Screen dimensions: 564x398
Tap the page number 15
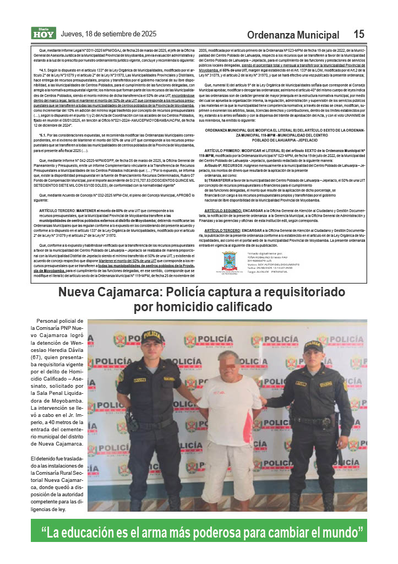[x=358, y=34]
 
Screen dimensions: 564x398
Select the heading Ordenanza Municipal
[x=293, y=35]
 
